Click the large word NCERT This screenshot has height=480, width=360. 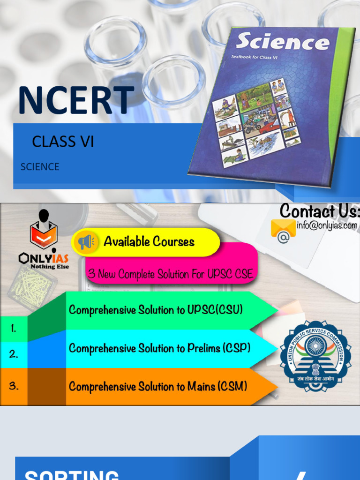point(76,100)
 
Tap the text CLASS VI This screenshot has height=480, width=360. point(63,142)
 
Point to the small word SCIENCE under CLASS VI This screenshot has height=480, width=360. point(40,167)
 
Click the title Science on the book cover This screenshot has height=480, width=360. point(282,42)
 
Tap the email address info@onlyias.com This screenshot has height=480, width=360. point(327,225)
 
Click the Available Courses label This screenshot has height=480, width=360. point(149,242)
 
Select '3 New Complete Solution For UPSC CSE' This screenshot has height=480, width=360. point(171,274)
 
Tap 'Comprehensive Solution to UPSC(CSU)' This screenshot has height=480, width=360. point(156,310)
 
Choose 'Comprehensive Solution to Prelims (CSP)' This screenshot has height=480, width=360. point(159,348)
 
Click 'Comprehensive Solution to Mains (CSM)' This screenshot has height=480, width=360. point(158,387)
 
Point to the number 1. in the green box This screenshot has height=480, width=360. point(14,329)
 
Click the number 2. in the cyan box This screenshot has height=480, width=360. point(14,354)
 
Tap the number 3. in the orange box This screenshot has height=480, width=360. point(14,386)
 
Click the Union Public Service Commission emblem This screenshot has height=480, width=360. point(315,356)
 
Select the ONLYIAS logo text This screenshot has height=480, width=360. point(44,258)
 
